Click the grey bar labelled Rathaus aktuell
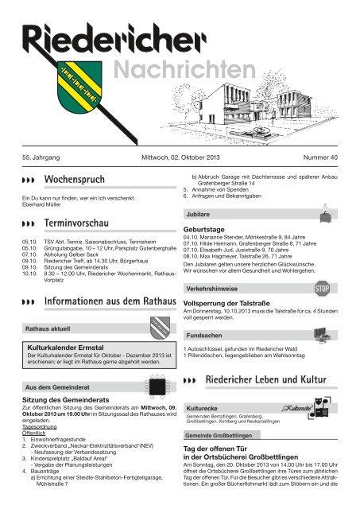(x=48, y=328)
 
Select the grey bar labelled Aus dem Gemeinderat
(x=55, y=387)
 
